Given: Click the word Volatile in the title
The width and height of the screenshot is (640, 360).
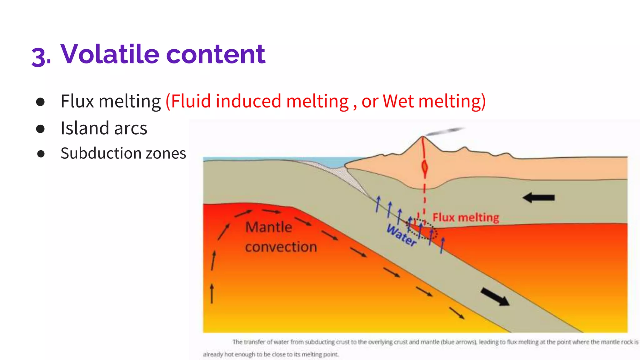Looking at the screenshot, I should point(110,54).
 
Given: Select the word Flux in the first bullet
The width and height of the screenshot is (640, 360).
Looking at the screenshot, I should point(77,101).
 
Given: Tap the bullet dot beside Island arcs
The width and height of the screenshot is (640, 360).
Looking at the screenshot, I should point(40,129).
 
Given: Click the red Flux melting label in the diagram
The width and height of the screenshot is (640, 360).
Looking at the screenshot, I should point(465,217).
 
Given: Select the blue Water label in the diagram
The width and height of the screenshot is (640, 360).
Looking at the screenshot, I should point(401,235).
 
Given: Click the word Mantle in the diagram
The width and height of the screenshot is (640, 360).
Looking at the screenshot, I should point(268,227).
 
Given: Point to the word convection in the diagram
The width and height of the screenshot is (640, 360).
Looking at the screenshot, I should point(281,247).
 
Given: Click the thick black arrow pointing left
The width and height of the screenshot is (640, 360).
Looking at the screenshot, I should point(538,197).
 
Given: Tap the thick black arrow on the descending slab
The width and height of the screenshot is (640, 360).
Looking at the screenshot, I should point(495,297).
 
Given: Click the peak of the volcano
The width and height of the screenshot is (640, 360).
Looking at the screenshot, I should point(422,137).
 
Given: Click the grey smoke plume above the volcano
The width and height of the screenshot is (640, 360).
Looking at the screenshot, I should point(445,131).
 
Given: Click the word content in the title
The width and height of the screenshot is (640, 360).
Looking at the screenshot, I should point(216,54).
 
